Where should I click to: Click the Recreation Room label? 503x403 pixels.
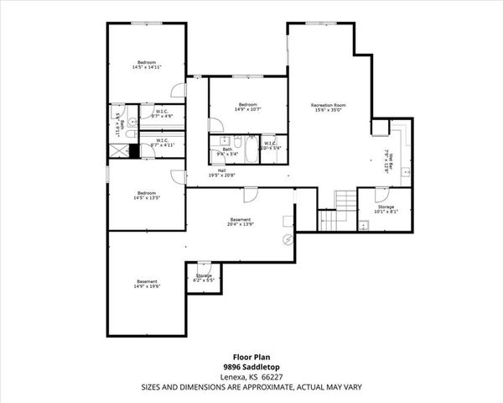[329, 107]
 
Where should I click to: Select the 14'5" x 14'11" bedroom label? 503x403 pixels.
[148, 65]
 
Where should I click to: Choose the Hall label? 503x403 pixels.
[221, 172]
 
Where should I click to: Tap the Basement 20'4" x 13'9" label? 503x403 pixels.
[241, 222]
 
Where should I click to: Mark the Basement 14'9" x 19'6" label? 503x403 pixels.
[147, 283]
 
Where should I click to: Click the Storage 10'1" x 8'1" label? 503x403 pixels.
[386, 208]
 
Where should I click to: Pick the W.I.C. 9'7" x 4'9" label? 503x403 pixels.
[163, 113]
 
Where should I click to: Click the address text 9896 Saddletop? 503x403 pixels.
[251, 368]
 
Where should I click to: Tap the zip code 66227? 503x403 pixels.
[272, 377]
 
